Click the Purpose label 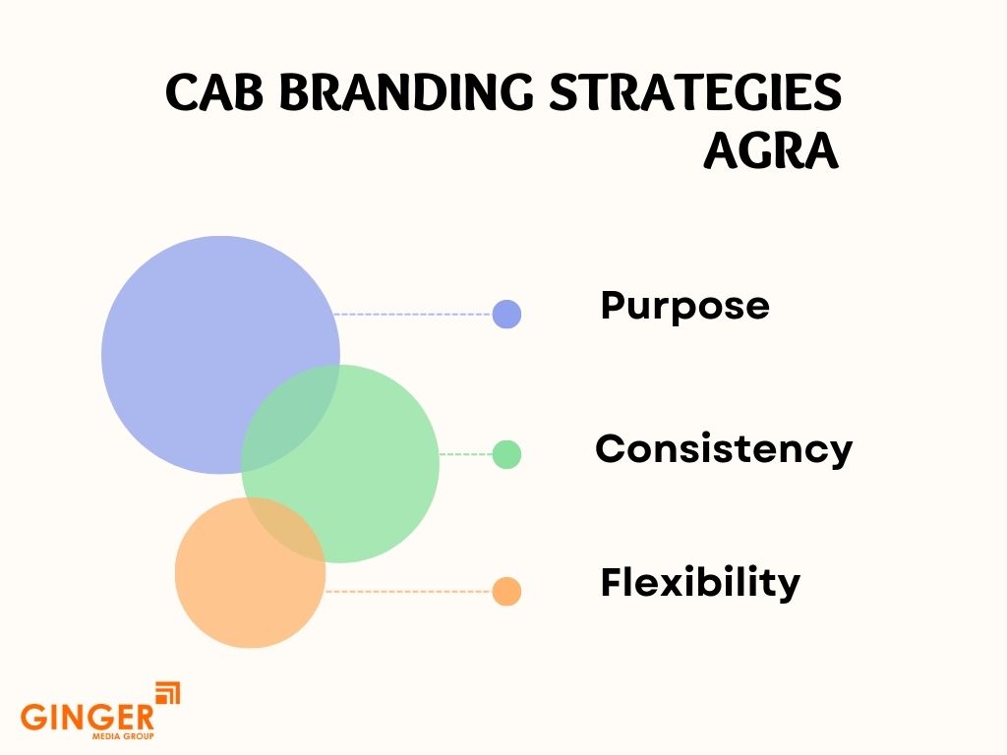(684, 306)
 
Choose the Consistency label (723, 449)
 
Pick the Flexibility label (700, 582)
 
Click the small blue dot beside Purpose (506, 314)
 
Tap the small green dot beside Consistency (506, 454)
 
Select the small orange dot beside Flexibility (506, 591)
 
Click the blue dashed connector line (413, 315)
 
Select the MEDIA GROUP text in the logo (123, 736)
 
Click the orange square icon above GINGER (168, 692)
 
